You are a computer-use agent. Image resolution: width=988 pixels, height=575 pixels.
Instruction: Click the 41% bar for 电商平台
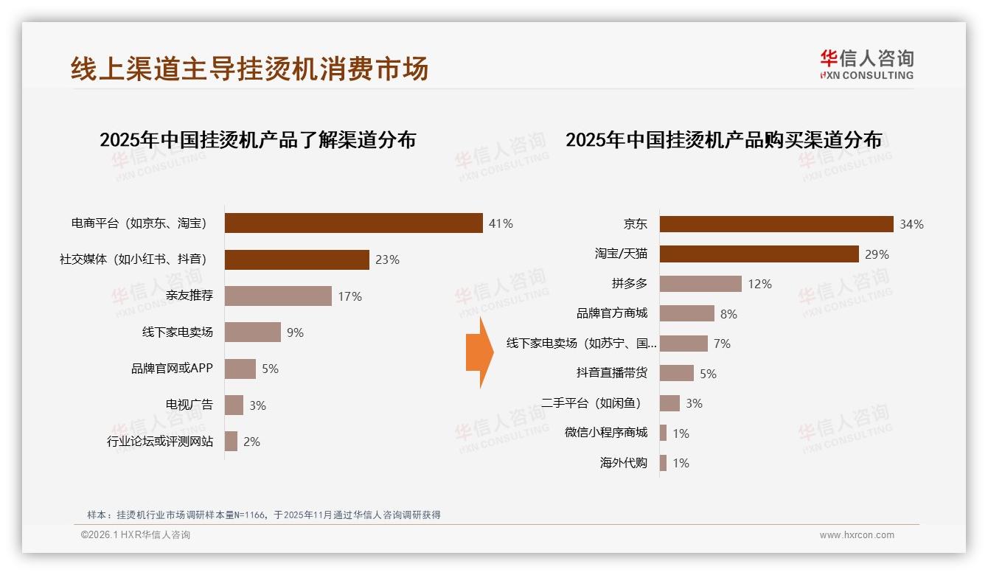point(353,223)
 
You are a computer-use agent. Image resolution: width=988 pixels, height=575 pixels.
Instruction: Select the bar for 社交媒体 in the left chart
point(296,259)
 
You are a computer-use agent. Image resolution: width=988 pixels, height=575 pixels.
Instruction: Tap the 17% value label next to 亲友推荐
point(349,296)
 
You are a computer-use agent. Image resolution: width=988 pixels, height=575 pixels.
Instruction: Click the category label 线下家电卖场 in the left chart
point(177,332)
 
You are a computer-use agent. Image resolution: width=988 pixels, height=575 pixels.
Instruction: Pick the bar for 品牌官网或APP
point(240,369)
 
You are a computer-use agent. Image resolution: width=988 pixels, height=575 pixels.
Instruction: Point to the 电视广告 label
point(189,405)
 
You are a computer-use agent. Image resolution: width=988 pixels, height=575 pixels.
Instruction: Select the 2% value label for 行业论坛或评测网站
point(251,442)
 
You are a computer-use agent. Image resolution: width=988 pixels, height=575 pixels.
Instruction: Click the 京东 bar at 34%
point(776,224)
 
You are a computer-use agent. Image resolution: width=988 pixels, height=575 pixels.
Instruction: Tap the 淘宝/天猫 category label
point(621,254)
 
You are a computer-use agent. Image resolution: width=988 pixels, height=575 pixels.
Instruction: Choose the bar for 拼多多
point(700,284)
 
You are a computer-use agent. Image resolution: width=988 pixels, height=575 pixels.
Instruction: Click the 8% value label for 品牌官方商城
point(728,314)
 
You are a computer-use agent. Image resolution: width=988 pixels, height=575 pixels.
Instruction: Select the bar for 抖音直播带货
point(676,373)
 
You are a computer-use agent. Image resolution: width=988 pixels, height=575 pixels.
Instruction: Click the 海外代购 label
point(623,463)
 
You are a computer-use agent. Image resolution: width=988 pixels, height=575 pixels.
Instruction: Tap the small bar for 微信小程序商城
point(663,433)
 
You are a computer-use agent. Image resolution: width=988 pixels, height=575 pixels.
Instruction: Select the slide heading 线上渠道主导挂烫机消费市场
point(249,69)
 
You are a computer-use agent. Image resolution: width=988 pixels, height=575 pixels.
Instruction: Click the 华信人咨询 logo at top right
point(866,64)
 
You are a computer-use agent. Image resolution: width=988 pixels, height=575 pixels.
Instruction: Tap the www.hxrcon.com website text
point(856,535)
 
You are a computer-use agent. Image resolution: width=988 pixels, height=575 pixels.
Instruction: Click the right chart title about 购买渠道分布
point(723,140)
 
